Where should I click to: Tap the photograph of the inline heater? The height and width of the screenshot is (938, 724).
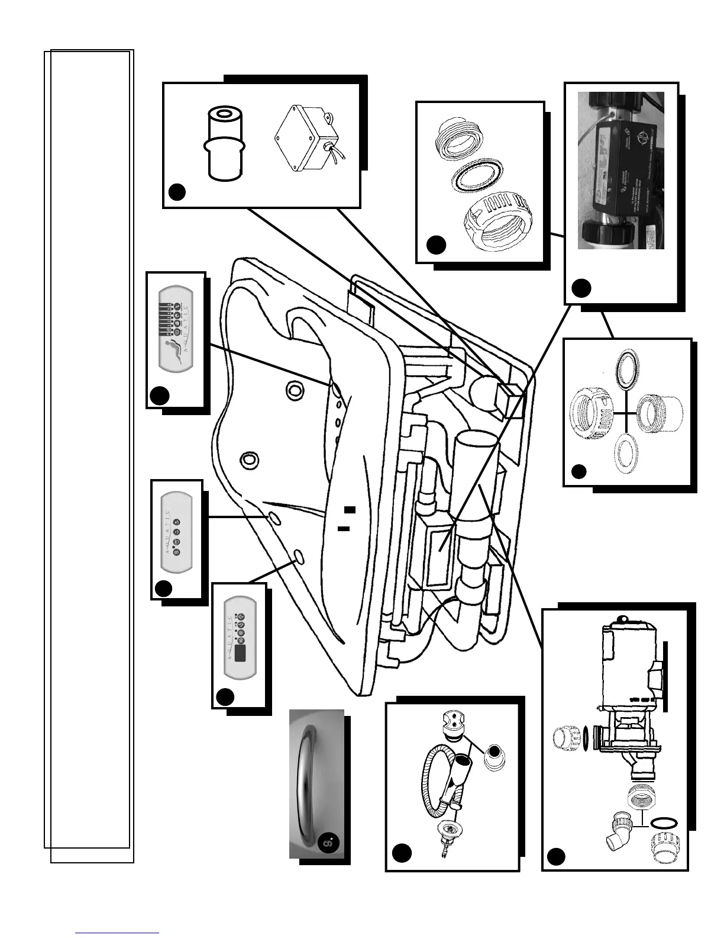[x=620, y=171]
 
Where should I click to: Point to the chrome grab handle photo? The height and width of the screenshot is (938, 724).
[x=316, y=783]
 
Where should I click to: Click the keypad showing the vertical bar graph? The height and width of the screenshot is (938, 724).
[x=176, y=338]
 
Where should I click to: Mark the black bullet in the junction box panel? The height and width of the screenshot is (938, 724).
[x=177, y=192]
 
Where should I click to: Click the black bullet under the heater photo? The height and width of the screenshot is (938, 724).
[x=581, y=288]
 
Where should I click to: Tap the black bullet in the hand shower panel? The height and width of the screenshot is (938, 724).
[x=402, y=853]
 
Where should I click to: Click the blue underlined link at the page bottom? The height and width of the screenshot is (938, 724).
[x=118, y=933]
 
